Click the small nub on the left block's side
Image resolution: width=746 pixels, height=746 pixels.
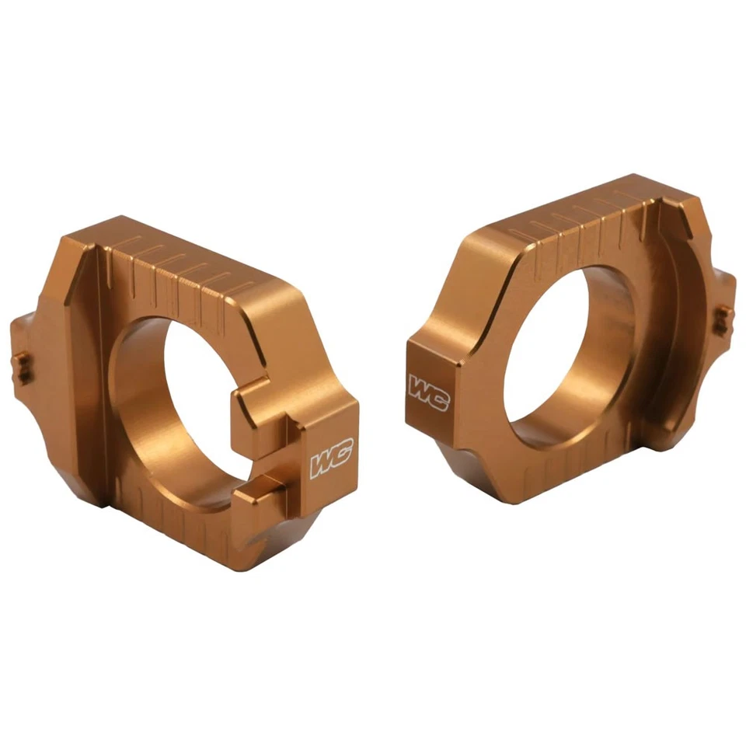point(22,365)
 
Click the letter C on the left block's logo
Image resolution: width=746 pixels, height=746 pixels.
point(342,454)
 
